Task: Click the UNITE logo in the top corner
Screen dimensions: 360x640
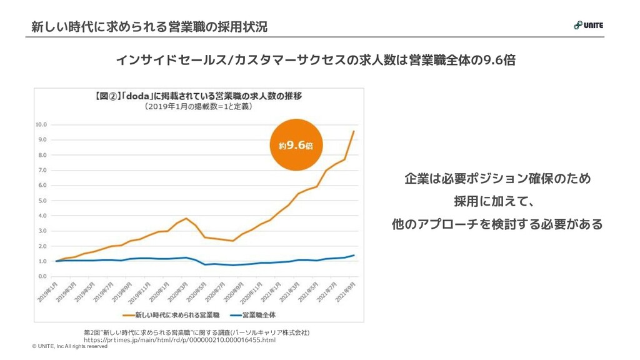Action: [587, 25]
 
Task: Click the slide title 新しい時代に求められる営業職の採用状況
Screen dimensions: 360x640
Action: [149, 27]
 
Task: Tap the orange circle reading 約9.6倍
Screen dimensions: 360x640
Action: [296, 145]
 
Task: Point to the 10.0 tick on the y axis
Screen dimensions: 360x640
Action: [41, 124]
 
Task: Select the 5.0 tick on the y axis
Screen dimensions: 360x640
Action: [42, 201]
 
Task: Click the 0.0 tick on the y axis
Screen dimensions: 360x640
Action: [42, 276]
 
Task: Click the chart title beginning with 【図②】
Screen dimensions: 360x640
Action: [198, 96]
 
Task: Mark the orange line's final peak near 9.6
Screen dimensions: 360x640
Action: [354, 131]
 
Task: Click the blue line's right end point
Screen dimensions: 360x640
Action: [354, 255]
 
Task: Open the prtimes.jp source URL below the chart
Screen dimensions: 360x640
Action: [180, 340]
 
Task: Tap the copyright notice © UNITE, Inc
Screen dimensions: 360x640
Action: [69, 346]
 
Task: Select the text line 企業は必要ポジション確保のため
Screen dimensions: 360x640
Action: [497, 179]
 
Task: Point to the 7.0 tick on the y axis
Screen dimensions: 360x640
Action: [42, 170]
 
